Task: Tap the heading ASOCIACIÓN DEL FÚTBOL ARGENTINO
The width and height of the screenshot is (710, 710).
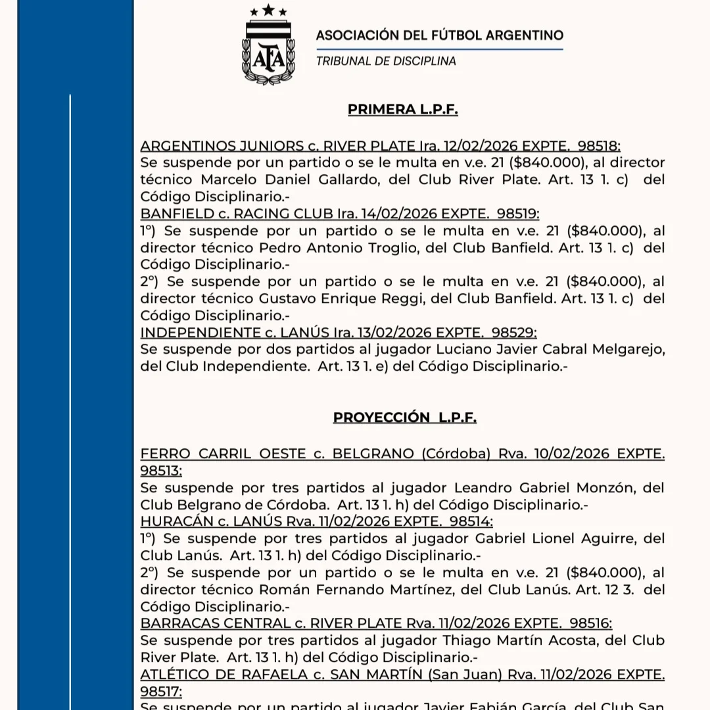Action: coord(439,35)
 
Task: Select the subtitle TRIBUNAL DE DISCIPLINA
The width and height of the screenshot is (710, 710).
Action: coord(386,62)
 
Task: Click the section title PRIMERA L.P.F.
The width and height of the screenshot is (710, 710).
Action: coord(402,110)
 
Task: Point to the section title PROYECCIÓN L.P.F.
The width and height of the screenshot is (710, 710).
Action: coord(404,417)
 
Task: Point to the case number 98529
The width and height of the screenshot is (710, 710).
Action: coord(512,333)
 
